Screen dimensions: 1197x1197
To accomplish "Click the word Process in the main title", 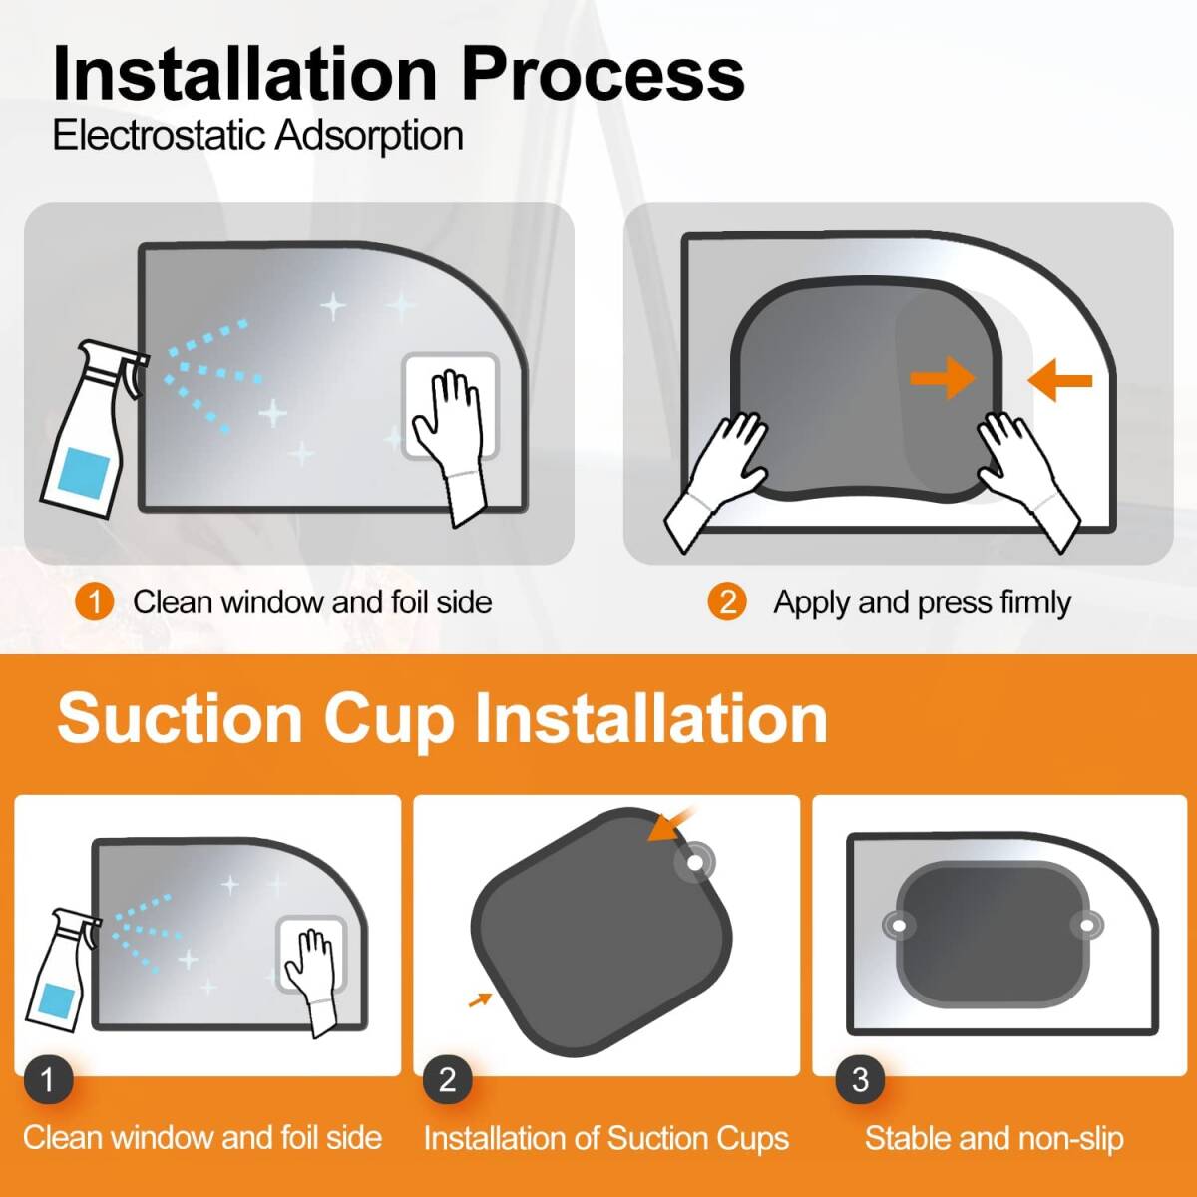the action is (x=602, y=75).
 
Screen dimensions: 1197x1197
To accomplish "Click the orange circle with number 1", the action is (x=94, y=601).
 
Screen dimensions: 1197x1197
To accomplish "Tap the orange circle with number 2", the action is (x=727, y=601).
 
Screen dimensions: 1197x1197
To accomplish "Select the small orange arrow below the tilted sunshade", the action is (x=480, y=999).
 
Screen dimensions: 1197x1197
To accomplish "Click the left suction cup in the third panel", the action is (x=899, y=926).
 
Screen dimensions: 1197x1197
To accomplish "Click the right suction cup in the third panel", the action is (x=1086, y=926).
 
